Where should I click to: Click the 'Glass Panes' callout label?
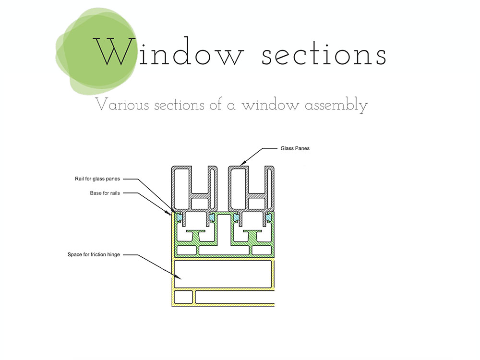click(x=295, y=148)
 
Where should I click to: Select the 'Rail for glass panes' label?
click(x=97, y=179)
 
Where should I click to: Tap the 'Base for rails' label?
click(x=105, y=193)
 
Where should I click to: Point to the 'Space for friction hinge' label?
click(x=94, y=255)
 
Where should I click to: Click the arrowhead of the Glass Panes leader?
click(x=242, y=164)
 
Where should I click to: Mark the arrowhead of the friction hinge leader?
click(x=179, y=277)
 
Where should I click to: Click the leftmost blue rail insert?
click(x=180, y=217)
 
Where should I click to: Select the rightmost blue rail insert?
click(x=269, y=217)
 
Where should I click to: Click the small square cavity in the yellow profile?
click(x=183, y=297)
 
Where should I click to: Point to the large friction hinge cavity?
click(x=223, y=274)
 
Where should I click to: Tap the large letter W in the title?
click(x=115, y=51)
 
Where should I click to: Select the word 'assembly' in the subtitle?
click(x=336, y=105)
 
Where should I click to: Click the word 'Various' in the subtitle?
click(x=122, y=104)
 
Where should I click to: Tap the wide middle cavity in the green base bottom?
click(x=224, y=250)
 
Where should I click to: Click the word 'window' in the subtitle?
click(x=270, y=105)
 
